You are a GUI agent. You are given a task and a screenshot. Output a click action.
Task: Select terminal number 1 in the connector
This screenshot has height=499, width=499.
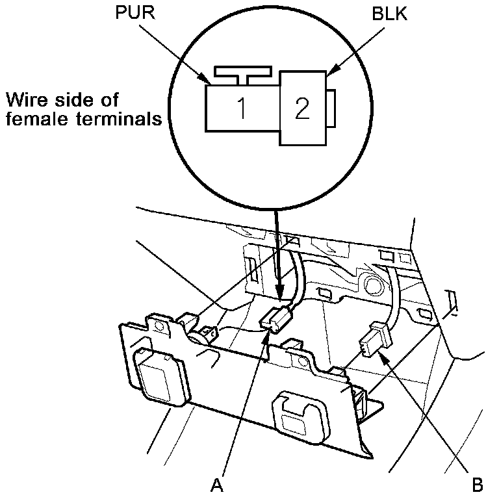coord(241,109)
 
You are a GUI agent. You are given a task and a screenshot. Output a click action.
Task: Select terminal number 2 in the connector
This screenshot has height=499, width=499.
coord(301,109)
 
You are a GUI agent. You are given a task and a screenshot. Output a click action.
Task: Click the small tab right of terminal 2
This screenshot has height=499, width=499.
coord(331,108)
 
